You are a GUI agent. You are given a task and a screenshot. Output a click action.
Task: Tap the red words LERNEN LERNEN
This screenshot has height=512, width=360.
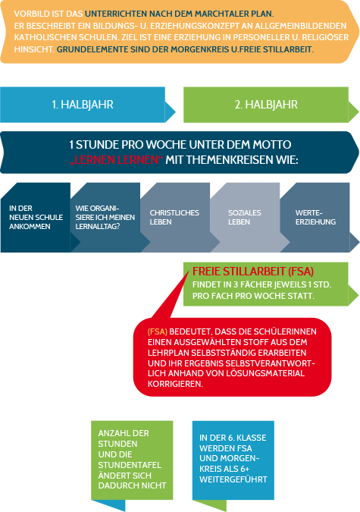coord(116,160)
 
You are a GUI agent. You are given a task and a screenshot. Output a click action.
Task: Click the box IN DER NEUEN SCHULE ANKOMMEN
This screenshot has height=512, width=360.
coord(36,218)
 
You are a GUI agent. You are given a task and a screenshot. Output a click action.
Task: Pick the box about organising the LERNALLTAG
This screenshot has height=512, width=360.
coord(105,218)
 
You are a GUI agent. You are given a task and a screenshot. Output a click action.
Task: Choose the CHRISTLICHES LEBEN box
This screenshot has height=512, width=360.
coord(175,218)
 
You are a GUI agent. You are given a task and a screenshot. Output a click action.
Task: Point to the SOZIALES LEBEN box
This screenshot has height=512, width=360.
coord(245,218)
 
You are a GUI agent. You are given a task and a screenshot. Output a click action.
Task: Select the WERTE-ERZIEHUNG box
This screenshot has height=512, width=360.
coord(315,218)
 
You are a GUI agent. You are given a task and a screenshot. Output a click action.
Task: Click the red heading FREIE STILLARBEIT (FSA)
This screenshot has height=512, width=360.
coord(253,272)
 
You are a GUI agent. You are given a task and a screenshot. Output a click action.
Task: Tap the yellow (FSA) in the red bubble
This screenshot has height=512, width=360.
coord(158,331)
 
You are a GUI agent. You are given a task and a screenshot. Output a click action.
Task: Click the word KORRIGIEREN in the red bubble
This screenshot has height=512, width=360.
coord(175,384)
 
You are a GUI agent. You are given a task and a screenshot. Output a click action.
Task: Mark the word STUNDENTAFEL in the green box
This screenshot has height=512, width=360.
coord(130,465)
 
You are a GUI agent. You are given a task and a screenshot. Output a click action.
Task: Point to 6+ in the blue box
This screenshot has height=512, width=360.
coord(245,469)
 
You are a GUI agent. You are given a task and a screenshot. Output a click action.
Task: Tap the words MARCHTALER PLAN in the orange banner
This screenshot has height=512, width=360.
coord(233,14)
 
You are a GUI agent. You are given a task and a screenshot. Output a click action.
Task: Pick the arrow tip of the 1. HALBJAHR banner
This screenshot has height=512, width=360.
coord(176,112)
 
